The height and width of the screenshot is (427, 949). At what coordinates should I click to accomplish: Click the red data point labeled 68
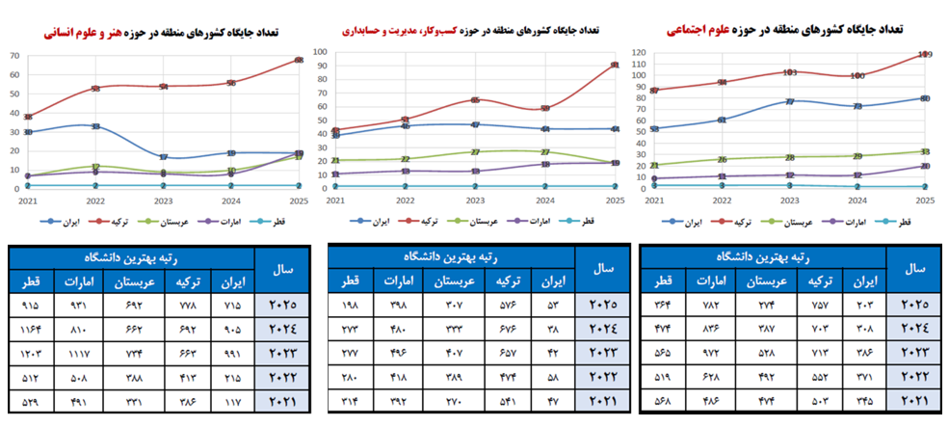tap(299, 60)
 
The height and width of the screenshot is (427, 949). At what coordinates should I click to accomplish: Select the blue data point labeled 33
tap(95, 126)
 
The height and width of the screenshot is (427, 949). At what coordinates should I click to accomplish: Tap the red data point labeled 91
tap(615, 66)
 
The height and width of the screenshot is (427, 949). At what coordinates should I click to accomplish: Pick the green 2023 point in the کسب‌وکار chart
tap(475, 151)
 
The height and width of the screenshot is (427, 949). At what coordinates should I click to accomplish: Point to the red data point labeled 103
tap(789, 72)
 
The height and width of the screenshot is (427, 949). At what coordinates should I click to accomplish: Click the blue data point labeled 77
tap(789, 101)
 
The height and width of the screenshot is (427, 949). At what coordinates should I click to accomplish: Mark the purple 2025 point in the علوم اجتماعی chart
tap(924, 166)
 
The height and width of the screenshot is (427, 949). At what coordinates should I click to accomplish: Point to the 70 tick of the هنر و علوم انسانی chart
tap(14, 55)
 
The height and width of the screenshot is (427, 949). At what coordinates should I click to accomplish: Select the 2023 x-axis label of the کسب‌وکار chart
tap(475, 200)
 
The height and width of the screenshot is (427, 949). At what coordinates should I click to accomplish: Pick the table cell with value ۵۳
tap(550, 306)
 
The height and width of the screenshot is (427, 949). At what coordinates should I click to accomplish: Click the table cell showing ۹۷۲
tap(713, 352)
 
